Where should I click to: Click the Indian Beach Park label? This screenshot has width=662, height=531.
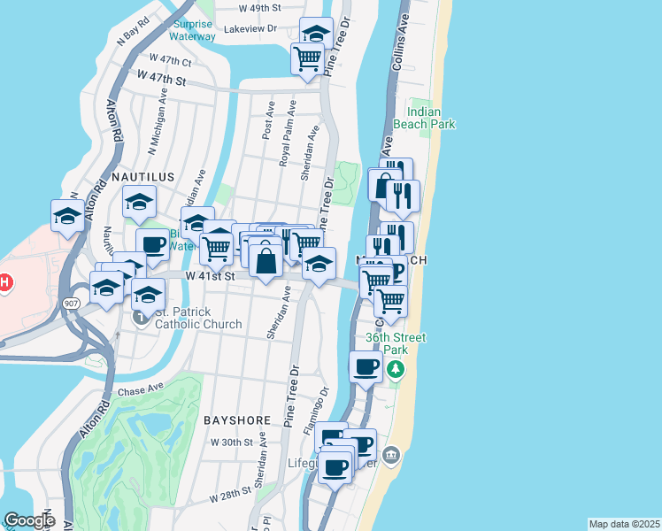click(x=431, y=119)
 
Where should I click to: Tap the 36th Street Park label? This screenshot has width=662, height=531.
click(x=396, y=343)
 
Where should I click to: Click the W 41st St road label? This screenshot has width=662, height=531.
click(x=210, y=276)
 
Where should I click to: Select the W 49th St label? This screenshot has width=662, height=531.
click(x=260, y=7)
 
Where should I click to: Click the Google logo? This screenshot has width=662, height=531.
click(x=29, y=520)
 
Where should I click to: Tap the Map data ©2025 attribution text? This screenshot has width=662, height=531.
click(x=624, y=524)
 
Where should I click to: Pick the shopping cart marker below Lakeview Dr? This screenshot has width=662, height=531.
click(x=307, y=59)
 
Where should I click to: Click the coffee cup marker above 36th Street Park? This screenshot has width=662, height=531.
click(x=366, y=366)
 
